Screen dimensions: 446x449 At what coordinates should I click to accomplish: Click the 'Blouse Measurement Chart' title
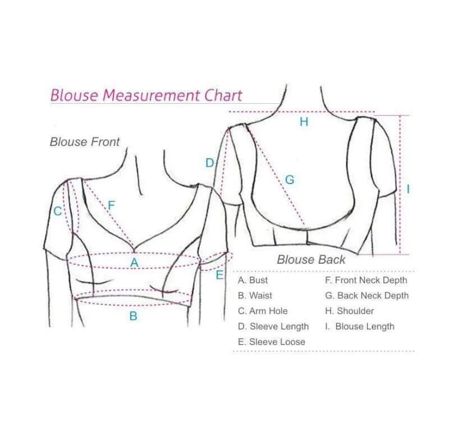pyautogui.click(x=146, y=95)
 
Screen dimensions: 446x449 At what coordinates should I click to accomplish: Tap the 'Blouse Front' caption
pyautogui.click(x=85, y=142)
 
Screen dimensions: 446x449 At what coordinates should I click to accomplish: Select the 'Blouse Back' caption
pyautogui.click(x=311, y=260)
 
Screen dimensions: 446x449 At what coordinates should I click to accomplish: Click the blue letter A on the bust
pyautogui.click(x=134, y=262)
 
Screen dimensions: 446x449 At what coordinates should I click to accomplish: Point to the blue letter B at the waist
pyautogui.click(x=133, y=316)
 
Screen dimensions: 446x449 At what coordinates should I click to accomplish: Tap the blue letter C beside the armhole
pyautogui.click(x=57, y=211)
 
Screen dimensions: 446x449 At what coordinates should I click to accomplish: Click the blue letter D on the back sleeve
pyautogui.click(x=209, y=163)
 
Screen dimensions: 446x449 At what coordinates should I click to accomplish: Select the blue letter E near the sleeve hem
pyautogui.click(x=219, y=275)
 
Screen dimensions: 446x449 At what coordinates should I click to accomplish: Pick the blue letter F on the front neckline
pyautogui.click(x=111, y=205)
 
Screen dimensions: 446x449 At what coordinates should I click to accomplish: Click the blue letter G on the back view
pyautogui.click(x=290, y=180)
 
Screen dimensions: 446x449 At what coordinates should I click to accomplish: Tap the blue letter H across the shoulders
pyautogui.click(x=304, y=122)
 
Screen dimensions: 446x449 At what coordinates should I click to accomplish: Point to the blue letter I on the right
pyautogui.click(x=408, y=190)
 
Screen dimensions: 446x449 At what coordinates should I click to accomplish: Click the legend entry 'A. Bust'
pyautogui.click(x=253, y=280)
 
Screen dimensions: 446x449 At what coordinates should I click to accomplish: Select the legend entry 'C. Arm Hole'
pyautogui.click(x=263, y=311)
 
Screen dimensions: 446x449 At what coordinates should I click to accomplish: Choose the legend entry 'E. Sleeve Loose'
pyautogui.click(x=272, y=342)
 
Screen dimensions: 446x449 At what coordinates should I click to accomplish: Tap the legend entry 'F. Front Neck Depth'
pyautogui.click(x=366, y=280)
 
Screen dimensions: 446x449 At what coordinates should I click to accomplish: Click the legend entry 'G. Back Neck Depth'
pyautogui.click(x=366, y=296)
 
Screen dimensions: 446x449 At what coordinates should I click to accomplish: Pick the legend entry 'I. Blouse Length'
pyautogui.click(x=359, y=327)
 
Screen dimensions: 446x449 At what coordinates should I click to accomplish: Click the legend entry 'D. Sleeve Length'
pyautogui.click(x=273, y=327)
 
